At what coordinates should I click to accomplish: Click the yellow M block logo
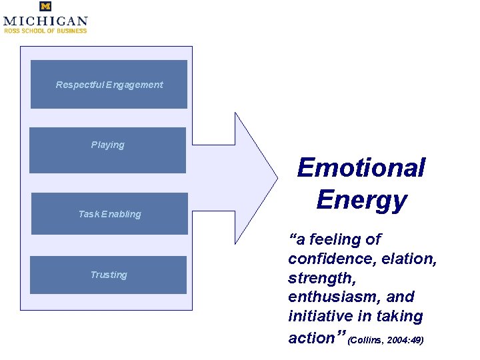coord(45,7)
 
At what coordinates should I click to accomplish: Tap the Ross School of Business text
coord(45,31)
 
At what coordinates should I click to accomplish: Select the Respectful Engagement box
coord(109,85)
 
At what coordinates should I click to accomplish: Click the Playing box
coord(107,150)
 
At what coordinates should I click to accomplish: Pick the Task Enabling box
coord(109,214)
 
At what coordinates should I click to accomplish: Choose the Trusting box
coord(108,275)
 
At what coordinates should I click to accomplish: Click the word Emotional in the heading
coord(361,167)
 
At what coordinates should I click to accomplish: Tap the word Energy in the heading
coord(361,199)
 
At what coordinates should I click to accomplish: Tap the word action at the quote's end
coord(311,337)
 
